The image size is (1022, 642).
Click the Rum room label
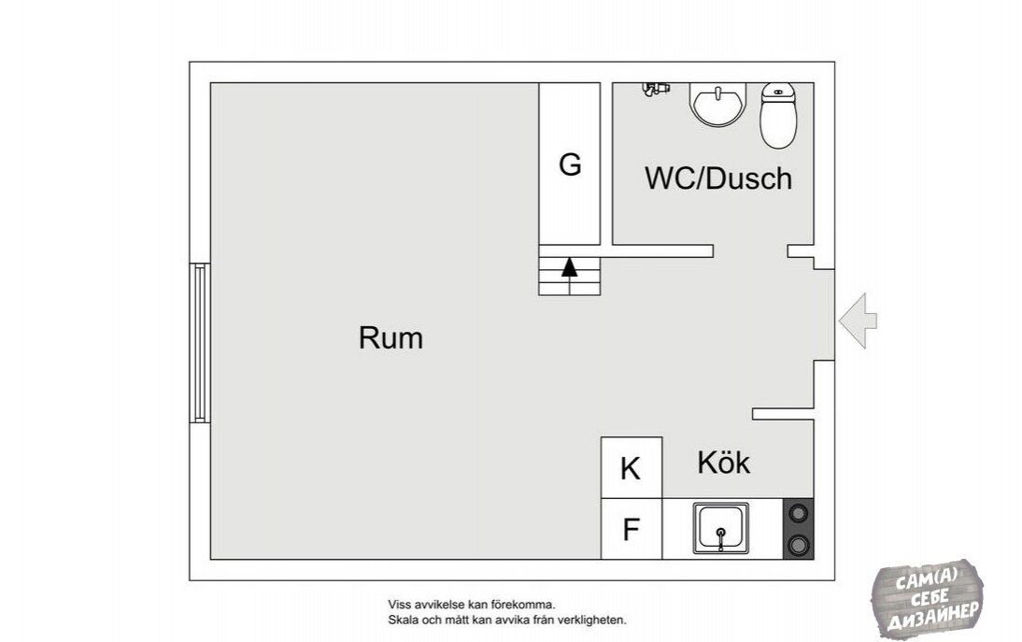390,338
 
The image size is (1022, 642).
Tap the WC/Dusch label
718,178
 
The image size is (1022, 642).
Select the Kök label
723,463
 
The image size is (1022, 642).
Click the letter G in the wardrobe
570,164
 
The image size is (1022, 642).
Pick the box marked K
632,468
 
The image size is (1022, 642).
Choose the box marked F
632,529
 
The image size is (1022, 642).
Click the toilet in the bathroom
778,115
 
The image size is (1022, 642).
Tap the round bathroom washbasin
717,105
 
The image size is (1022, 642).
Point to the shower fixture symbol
655,89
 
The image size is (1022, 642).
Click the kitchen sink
721,529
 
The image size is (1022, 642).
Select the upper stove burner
798,513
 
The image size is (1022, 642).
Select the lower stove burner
798,544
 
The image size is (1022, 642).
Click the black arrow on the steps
570,267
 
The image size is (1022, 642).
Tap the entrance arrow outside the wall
858,321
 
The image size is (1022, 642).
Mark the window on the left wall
200,343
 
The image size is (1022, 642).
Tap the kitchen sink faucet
721,538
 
